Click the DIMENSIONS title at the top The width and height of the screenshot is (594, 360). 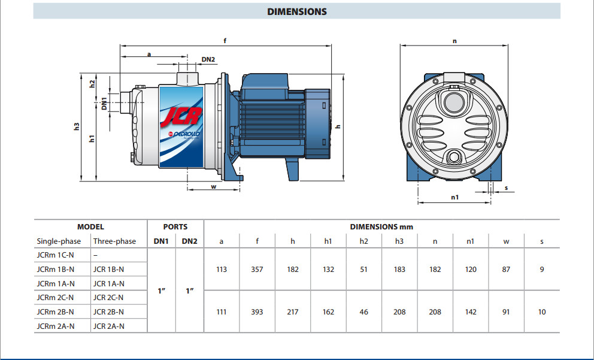[x=297, y=11]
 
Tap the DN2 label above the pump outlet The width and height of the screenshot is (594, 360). [x=208, y=59]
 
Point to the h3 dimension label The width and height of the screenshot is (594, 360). [x=76, y=126]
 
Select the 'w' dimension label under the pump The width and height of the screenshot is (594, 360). [x=213, y=186]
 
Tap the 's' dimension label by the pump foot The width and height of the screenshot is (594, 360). [x=506, y=188]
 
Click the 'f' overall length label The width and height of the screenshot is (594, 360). [x=225, y=41]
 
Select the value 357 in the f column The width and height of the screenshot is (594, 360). [x=257, y=270]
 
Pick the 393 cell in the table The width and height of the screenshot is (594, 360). [x=257, y=311]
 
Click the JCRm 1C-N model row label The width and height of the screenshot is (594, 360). [x=55, y=255]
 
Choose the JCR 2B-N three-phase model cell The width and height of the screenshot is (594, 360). [x=108, y=311]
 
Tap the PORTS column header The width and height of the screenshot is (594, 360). [x=175, y=227]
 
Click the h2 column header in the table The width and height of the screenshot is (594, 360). [x=363, y=241]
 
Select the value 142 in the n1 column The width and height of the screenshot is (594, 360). [x=471, y=311]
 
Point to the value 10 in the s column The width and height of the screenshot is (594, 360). [x=541, y=311]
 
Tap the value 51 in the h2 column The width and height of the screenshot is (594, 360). [x=363, y=270]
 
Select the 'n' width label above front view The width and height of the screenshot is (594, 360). [x=454, y=41]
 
